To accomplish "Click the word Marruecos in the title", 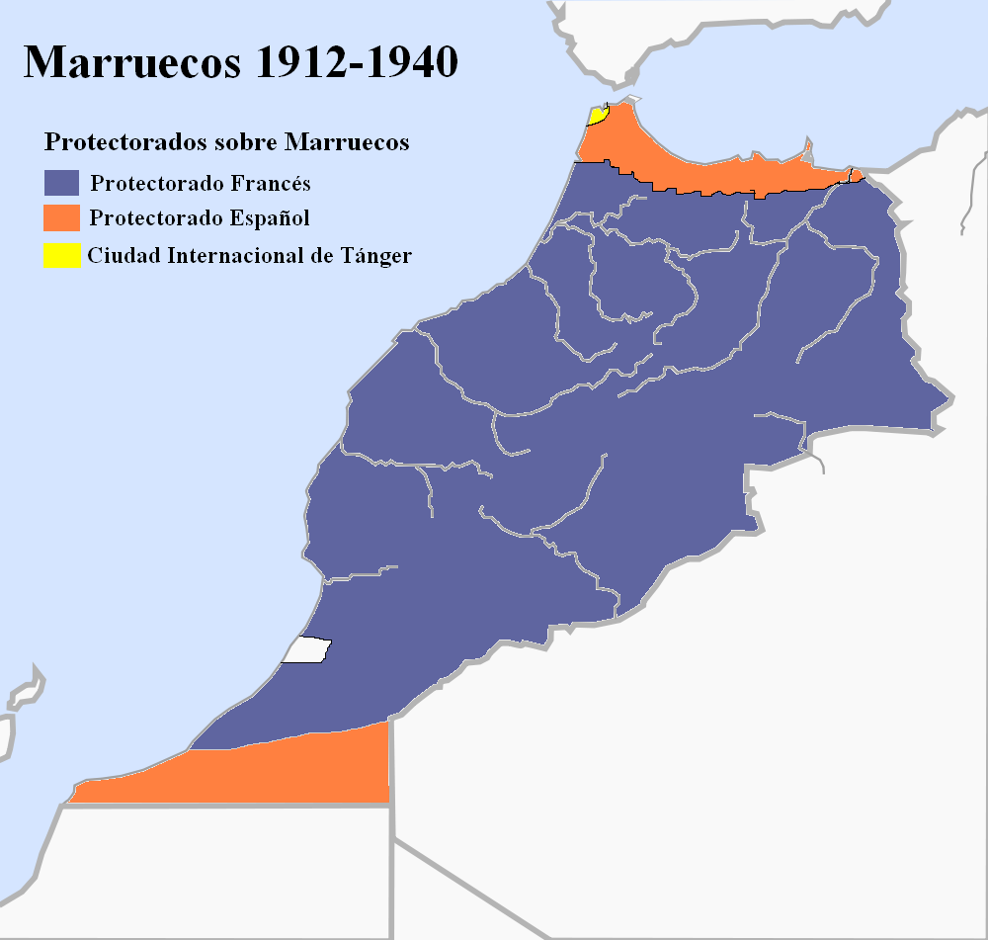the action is coord(131,62).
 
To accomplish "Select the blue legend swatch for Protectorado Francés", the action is coord(61,183).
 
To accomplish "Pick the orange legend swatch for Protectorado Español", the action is coord(61,217).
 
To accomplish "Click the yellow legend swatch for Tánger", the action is coord(61,255).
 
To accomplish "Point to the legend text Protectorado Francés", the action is coord(201,184).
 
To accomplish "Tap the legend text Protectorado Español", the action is coord(200,218).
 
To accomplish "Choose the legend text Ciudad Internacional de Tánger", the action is coord(249,255).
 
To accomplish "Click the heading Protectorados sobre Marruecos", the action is coord(226,142).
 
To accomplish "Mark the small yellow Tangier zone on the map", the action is coord(597,116).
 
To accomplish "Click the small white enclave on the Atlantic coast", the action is coord(306,650).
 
